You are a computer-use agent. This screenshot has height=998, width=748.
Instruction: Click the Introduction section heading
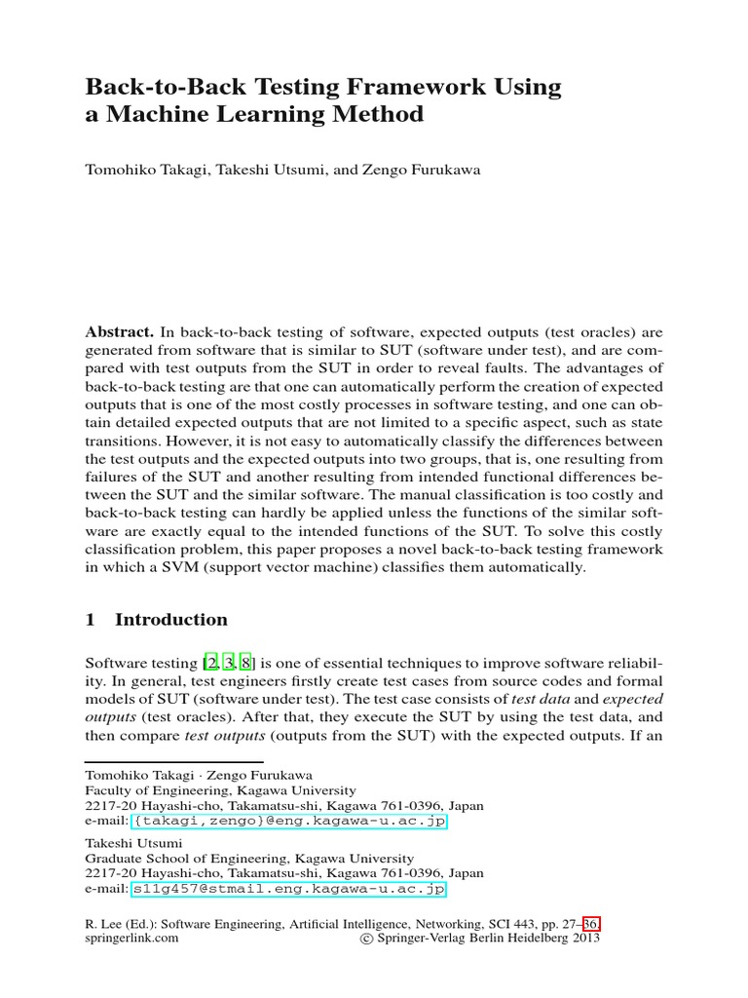(x=170, y=620)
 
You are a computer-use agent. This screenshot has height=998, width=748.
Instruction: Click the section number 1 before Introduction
(x=91, y=620)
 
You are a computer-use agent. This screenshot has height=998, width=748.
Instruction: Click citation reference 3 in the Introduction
(x=229, y=663)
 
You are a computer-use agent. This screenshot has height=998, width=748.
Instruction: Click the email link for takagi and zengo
(x=287, y=822)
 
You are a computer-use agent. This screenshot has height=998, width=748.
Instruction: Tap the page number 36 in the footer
(x=590, y=923)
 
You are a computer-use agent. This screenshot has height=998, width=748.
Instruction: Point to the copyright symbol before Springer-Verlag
(x=366, y=939)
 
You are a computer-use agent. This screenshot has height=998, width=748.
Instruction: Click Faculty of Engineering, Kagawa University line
(x=220, y=790)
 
